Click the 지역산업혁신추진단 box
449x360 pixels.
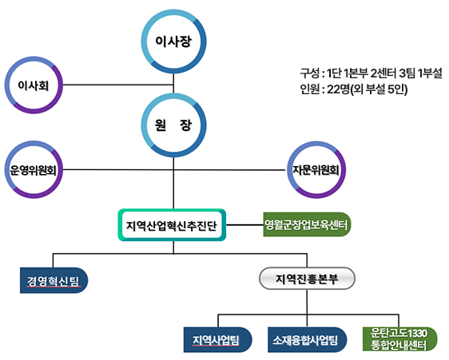click(x=172, y=225)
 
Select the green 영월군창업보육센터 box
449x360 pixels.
click(x=307, y=224)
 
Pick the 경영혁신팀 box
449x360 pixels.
click(x=54, y=280)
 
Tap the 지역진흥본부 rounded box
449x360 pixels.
click(x=307, y=279)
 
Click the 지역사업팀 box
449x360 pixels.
click(x=217, y=340)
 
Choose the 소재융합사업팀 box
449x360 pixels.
click(x=308, y=340)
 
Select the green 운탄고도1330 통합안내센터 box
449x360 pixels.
click(x=399, y=339)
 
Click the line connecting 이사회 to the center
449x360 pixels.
click(x=118, y=85)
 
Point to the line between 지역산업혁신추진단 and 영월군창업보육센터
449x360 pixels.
click(x=244, y=225)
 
